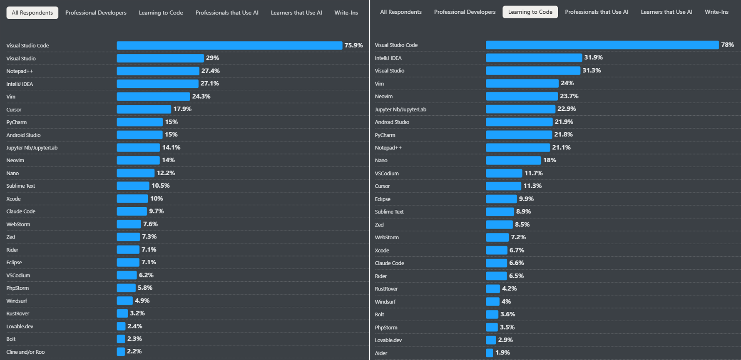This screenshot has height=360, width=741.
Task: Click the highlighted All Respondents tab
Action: [x=32, y=13]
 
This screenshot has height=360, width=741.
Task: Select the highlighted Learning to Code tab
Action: [x=530, y=12]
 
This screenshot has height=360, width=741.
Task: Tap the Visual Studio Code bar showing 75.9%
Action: [x=229, y=45]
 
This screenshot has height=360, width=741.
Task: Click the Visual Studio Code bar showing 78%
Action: [x=602, y=45]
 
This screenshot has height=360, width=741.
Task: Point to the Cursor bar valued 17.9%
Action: [x=144, y=109]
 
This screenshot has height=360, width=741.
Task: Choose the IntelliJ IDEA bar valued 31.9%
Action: [x=534, y=58]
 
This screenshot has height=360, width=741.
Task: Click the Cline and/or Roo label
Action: [x=25, y=352]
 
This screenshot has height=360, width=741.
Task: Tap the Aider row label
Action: [x=381, y=353]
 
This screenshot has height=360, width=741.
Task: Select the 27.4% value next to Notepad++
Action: [x=211, y=71]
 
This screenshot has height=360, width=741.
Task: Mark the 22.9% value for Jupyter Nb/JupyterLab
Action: [x=567, y=109]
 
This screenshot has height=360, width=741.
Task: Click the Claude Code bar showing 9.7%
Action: [x=132, y=211]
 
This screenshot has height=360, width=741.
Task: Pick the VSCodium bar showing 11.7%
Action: [x=504, y=173]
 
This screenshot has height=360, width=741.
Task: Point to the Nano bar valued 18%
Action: [x=513, y=160]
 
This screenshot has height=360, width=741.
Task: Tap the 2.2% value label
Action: [x=134, y=351]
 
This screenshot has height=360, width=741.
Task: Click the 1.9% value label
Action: [x=503, y=353]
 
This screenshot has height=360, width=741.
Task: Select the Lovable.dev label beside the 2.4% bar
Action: [x=20, y=327]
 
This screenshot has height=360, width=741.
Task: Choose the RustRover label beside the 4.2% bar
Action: [x=386, y=289]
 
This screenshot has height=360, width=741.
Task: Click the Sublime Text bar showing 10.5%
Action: [x=133, y=186]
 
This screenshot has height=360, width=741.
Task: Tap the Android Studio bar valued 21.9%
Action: [x=519, y=122]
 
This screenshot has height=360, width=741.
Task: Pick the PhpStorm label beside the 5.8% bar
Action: [x=17, y=288]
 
